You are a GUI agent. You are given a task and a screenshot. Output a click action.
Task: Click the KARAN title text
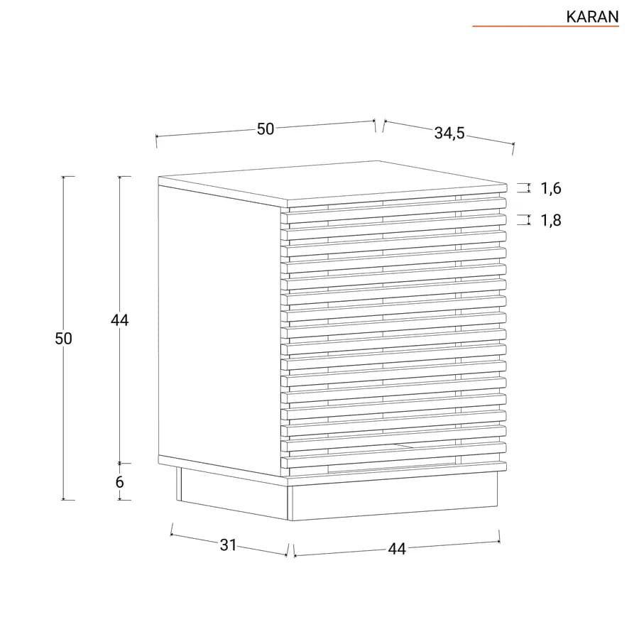(592, 17)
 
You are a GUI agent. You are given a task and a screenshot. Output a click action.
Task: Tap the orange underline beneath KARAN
(546, 26)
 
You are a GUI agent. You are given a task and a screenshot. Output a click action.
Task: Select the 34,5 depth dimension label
(449, 133)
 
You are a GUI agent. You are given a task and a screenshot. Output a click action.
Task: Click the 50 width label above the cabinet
(266, 129)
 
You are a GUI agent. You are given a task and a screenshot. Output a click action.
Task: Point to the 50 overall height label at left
(63, 339)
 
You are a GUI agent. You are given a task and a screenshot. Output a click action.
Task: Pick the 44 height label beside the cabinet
(120, 320)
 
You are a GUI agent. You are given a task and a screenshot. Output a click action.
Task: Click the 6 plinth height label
(119, 482)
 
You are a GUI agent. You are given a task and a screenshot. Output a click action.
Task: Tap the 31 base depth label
(228, 545)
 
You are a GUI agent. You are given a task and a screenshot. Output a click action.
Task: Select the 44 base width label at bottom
(397, 550)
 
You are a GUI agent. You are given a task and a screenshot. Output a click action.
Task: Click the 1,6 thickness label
(551, 188)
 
